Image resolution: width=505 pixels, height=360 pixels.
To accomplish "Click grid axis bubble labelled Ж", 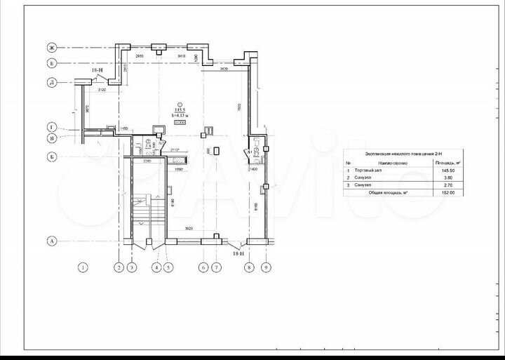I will point(51,48).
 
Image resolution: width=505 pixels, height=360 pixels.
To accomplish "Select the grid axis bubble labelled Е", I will point(51,62).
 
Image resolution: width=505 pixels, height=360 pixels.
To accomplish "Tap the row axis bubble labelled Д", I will point(51,82).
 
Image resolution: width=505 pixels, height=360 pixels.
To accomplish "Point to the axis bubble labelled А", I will point(51,241).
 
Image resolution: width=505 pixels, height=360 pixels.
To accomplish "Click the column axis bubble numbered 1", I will point(83,267).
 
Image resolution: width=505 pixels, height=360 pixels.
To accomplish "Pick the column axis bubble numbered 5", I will point(168,267).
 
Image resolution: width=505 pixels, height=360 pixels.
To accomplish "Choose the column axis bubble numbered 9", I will point(266,267).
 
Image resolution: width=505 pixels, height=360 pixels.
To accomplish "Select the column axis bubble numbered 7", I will point(215,267).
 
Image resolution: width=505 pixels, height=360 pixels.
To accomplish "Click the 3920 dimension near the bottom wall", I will point(184,229).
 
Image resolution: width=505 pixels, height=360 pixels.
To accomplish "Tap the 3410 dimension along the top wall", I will point(182,55).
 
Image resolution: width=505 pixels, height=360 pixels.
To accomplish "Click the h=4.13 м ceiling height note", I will point(180,116).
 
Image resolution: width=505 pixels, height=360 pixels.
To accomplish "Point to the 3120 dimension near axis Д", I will point(102,90).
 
